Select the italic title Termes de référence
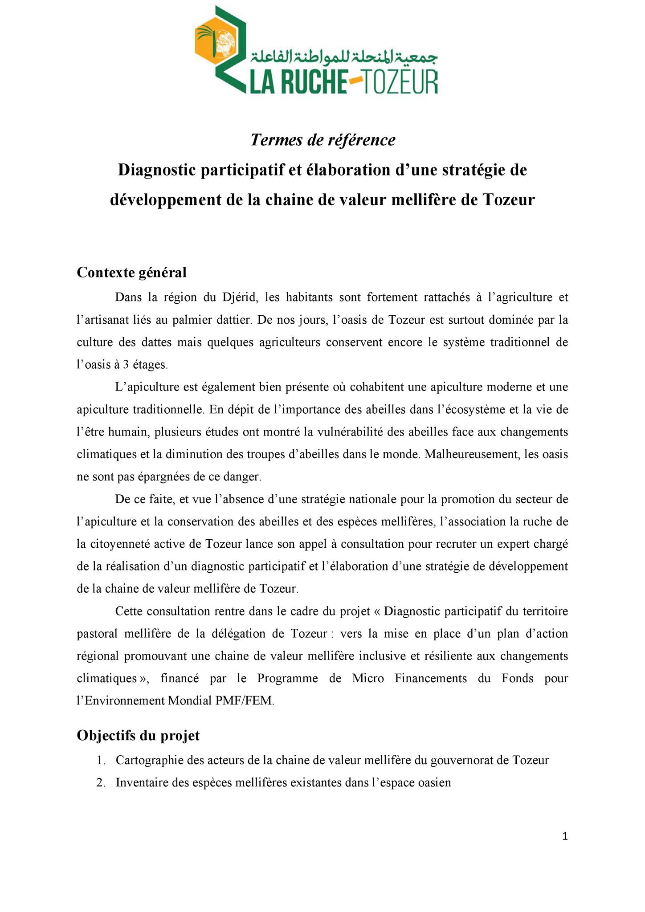[322, 140]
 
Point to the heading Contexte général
[131, 272]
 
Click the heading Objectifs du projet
[138, 735]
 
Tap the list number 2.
[100, 782]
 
